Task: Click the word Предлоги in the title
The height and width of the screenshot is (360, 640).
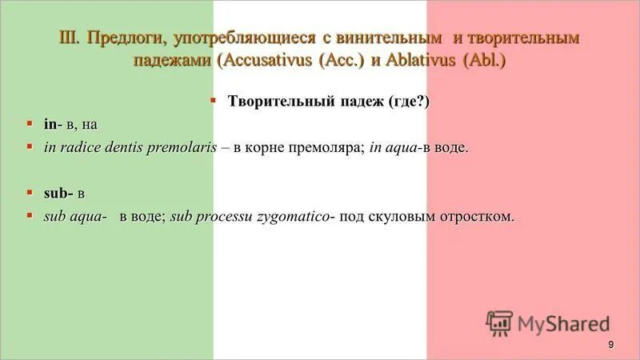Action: point(123,38)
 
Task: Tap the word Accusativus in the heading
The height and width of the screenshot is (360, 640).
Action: point(268,62)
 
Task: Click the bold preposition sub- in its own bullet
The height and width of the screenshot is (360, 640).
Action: point(58,193)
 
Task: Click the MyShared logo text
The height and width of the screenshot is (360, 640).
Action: point(563,324)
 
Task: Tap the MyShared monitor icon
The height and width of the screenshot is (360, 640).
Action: point(498,322)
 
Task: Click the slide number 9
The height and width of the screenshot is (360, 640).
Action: point(610,344)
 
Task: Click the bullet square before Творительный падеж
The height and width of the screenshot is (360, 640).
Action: point(214,101)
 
